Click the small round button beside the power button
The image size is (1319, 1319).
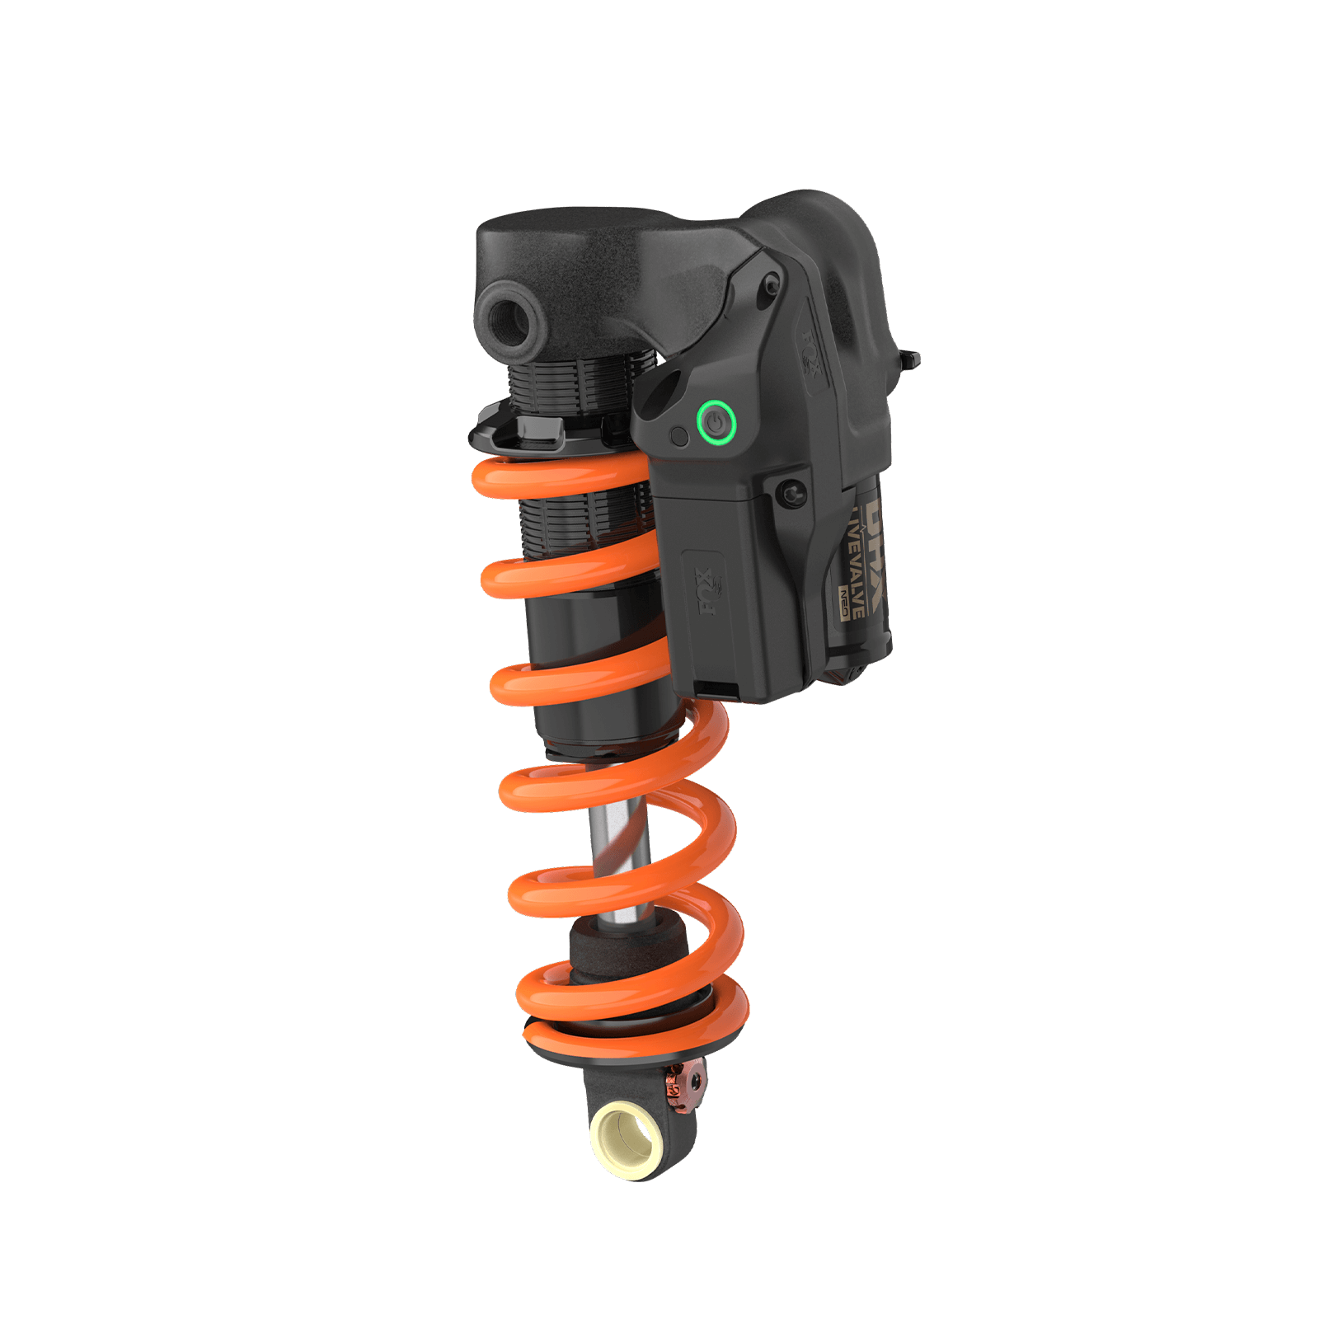pyautogui.click(x=679, y=437)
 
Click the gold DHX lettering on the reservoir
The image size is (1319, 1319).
pyautogui.click(x=874, y=536)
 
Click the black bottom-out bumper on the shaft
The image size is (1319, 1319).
pyautogui.click(x=627, y=948)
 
